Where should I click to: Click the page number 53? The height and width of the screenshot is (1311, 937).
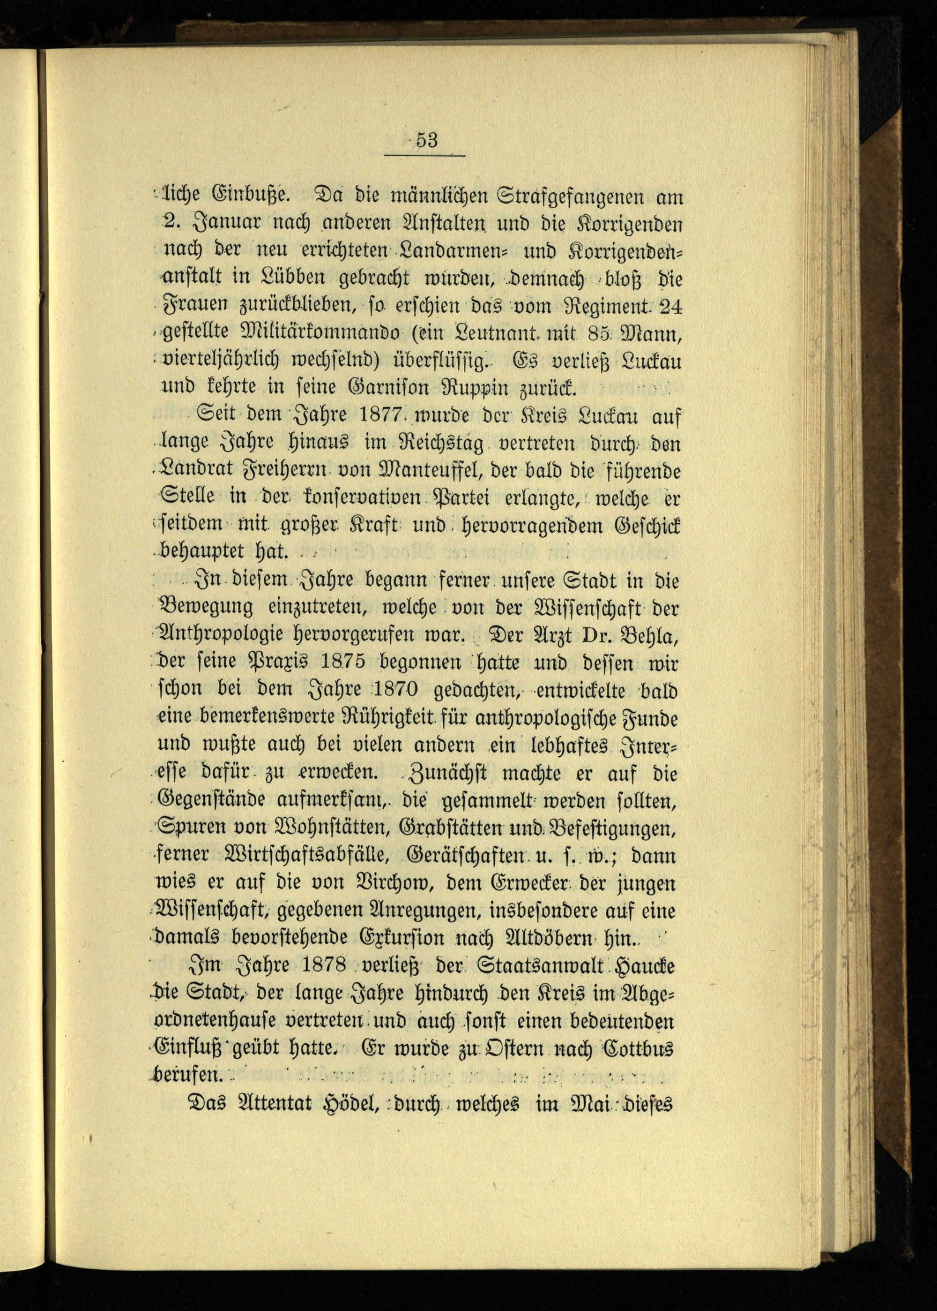[x=427, y=140]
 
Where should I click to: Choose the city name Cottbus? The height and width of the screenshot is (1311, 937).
[x=637, y=1051]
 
